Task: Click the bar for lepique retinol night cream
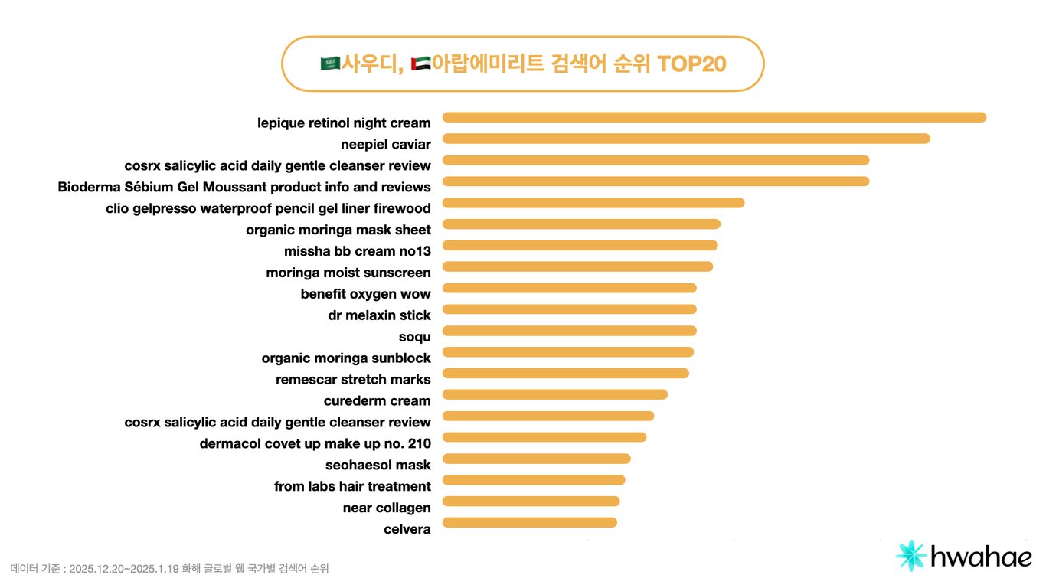click(714, 117)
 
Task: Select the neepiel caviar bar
click(686, 139)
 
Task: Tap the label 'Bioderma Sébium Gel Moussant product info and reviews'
click(244, 187)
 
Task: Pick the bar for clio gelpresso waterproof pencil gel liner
click(593, 203)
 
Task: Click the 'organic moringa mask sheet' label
click(338, 230)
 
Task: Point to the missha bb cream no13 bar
click(580, 246)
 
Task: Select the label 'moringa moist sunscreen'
click(348, 273)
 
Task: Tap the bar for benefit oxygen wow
click(570, 288)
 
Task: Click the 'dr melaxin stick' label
click(379, 315)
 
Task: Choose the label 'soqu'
click(414, 337)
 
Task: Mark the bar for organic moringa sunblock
click(568, 352)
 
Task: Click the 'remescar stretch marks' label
click(353, 380)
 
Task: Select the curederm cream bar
click(555, 395)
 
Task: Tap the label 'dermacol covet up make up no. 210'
click(315, 444)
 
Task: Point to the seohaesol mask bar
click(536, 459)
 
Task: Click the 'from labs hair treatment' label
click(352, 487)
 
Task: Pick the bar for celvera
click(529, 523)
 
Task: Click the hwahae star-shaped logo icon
click(911, 556)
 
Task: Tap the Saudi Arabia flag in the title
click(330, 64)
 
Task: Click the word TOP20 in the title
click(691, 64)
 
